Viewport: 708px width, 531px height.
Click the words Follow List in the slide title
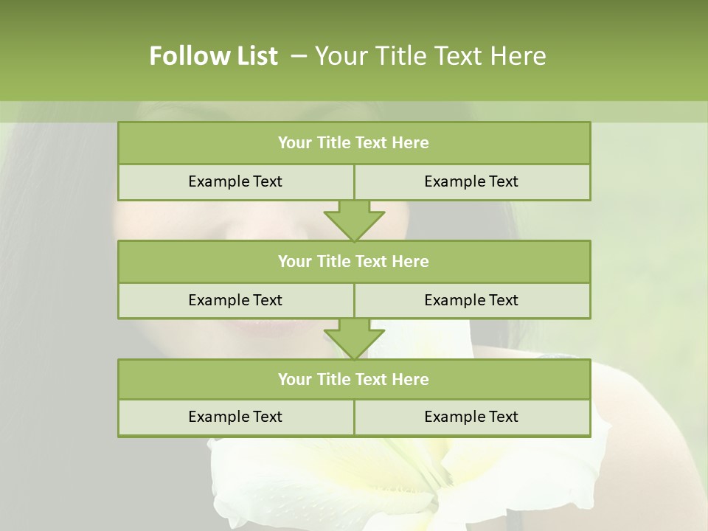(x=214, y=56)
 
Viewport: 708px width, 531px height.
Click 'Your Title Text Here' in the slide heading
(x=430, y=56)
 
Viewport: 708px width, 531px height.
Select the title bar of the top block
(x=354, y=143)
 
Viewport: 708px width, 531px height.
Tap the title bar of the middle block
(x=354, y=261)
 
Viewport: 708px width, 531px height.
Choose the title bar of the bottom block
(x=354, y=379)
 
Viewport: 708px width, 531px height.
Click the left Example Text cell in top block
(x=235, y=182)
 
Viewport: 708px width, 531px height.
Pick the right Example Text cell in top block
(x=471, y=182)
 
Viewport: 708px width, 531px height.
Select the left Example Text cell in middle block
(x=235, y=300)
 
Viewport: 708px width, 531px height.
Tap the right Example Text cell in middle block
(x=471, y=300)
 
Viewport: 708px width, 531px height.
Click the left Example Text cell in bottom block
(x=235, y=417)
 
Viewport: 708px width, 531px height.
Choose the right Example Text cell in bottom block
(x=471, y=417)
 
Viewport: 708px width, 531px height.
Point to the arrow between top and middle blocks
(x=354, y=221)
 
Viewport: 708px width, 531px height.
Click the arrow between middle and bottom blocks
(x=354, y=339)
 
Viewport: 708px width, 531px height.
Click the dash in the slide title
(x=299, y=56)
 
